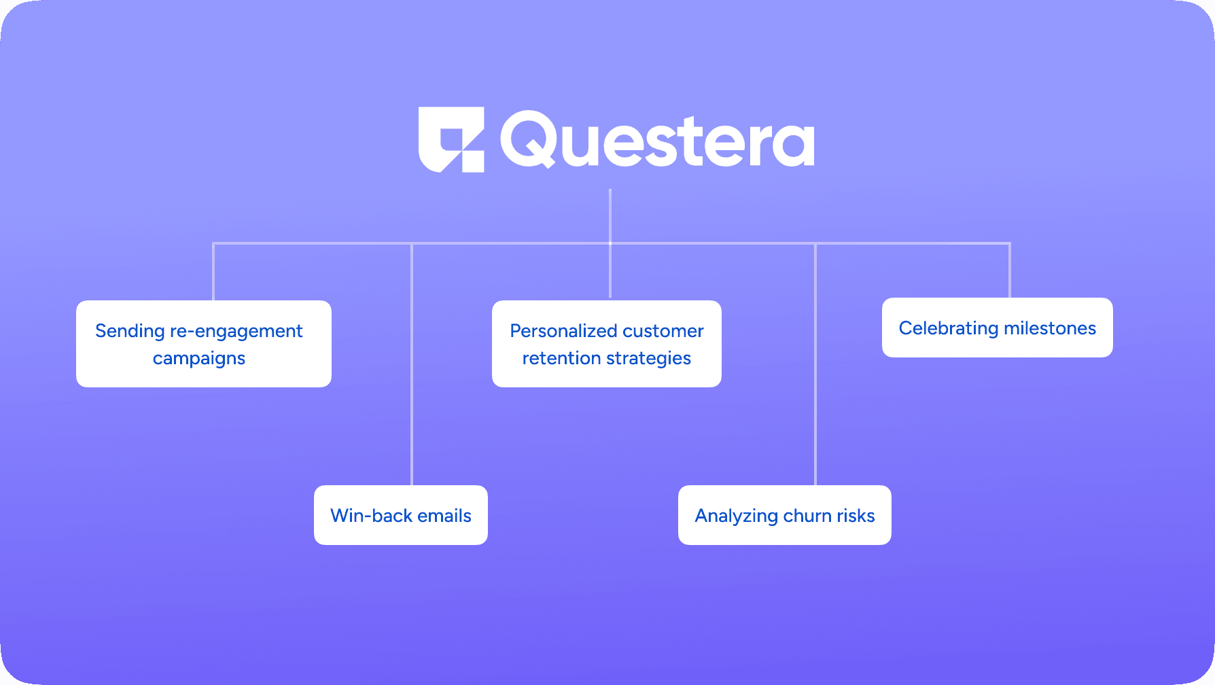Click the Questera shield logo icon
click(451, 139)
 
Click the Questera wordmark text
click(657, 140)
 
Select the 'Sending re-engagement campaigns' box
click(204, 344)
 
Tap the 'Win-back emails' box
click(401, 515)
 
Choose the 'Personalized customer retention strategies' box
click(607, 344)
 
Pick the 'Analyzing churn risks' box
click(785, 515)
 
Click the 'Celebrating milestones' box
click(998, 328)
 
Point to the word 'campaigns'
click(199, 359)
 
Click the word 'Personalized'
click(554, 331)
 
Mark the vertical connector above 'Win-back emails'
click(412, 364)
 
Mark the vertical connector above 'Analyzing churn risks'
click(815, 364)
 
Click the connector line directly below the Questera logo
click(610, 243)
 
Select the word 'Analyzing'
click(737, 516)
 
